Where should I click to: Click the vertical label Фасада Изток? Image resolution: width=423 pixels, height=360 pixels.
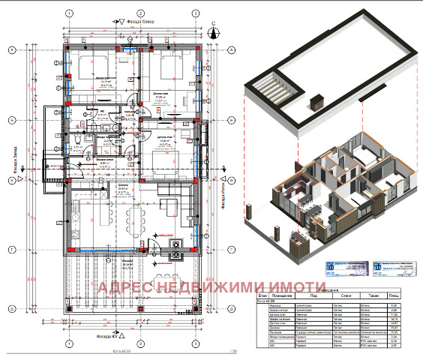tap(223, 196)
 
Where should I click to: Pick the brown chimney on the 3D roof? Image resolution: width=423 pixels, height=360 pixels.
tap(316, 101)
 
